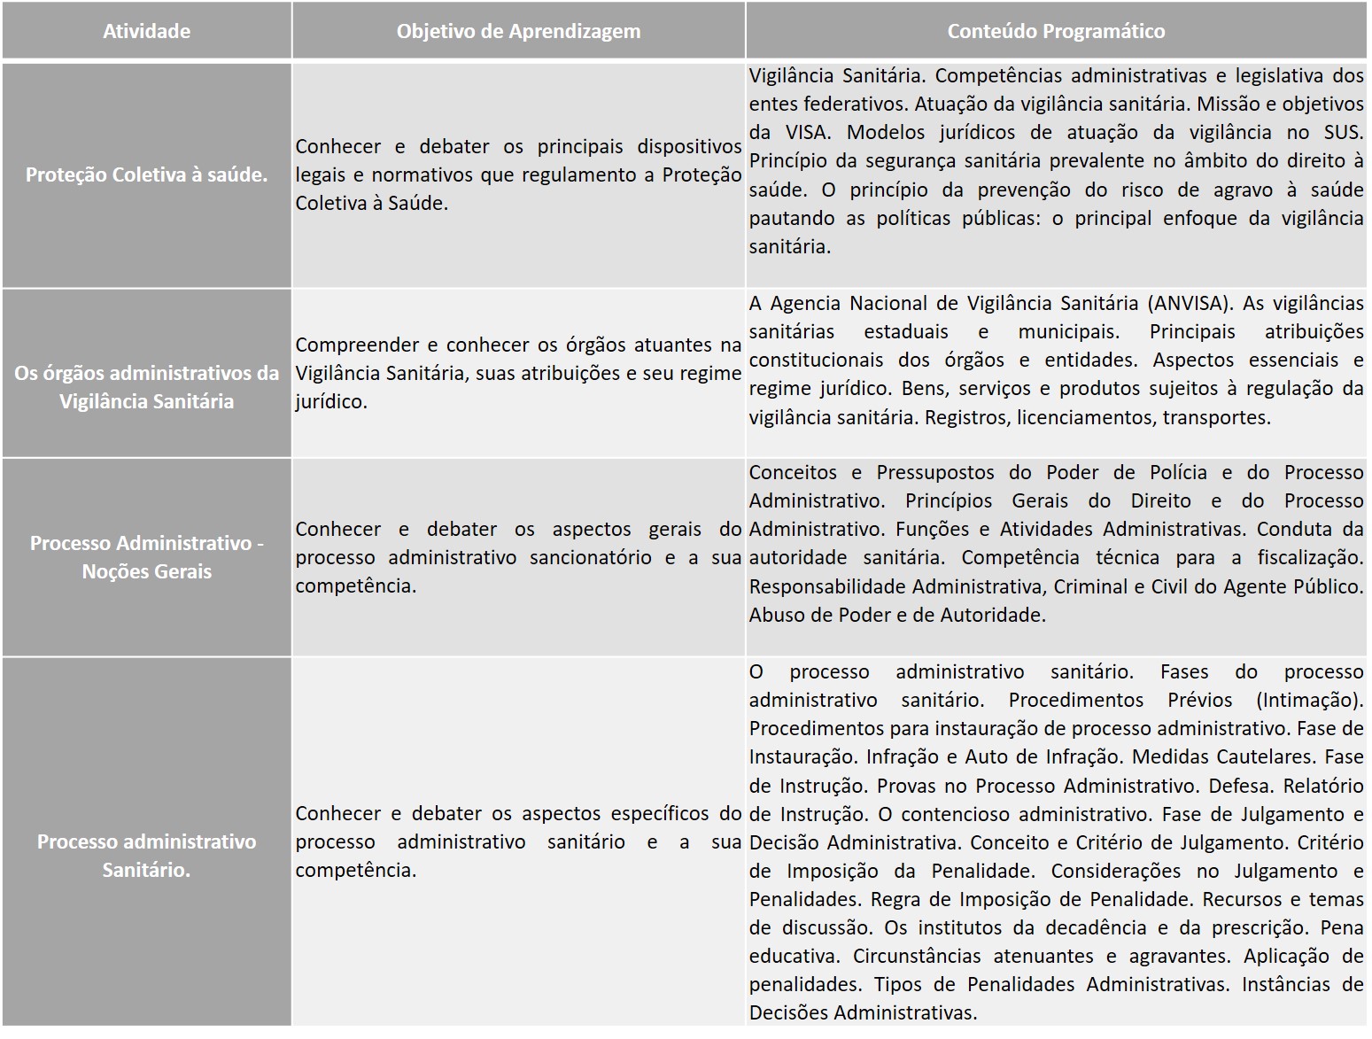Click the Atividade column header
pos(146,31)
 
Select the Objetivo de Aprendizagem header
pos(518,31)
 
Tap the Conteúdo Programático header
pos(1056,31)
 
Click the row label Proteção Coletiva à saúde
pos(146,174)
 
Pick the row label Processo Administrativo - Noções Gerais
pos(146,557)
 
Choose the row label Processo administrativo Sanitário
pos(146,856)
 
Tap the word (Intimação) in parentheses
pos(1309,700)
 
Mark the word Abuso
pos(775,615)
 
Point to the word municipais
pos(1068,331)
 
